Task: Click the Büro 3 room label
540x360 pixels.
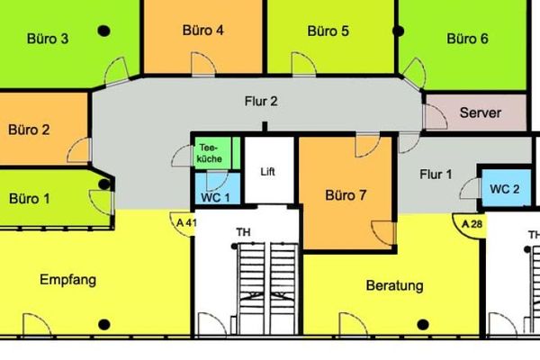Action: [x=48, y=39]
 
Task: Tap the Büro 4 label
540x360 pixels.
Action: [x=202, y=31]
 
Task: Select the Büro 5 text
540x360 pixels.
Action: [x=328, y=31]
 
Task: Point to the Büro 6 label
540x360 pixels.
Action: [x=467, y=39]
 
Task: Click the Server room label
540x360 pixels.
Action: [x=481, y=112]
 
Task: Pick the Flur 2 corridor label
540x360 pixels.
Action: [x=261, y=102]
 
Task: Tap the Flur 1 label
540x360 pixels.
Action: [x=436, y=175]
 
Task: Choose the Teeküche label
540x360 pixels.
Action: [x=210, y=153]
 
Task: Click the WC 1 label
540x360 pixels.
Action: [x=215, y=198]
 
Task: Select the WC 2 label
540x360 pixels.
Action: [x=505, y=189]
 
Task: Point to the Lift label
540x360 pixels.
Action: [x=267, y=172]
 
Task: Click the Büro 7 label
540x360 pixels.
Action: [x=346, y=195]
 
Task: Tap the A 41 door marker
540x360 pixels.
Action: [x=185, y=223]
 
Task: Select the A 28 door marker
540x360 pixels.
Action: [x=472, y=224]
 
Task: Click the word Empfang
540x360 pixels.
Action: [x=67, y=280]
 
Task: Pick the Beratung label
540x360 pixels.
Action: [x=395, y=285]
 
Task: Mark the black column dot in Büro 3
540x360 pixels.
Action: [x=103, y=31]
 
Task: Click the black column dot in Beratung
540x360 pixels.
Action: [x=423, y=325]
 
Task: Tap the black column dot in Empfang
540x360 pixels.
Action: [x=104, y=325]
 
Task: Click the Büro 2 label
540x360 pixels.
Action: [x=29, y=130]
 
